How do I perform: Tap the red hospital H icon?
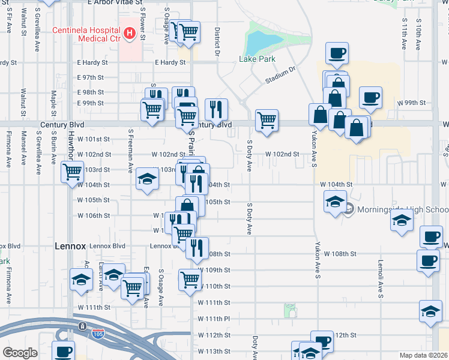[128, 34]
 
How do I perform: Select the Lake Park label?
[257, 59]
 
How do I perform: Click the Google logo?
[20, 353]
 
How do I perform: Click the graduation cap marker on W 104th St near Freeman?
[146, 179]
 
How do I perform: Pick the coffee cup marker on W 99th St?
[370, 97]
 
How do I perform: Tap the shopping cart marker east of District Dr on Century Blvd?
[266, 119]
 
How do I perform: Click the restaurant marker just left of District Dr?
[216, 109]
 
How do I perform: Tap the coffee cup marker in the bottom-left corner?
[63, 351]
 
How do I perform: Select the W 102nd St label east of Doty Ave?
[283, 154]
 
